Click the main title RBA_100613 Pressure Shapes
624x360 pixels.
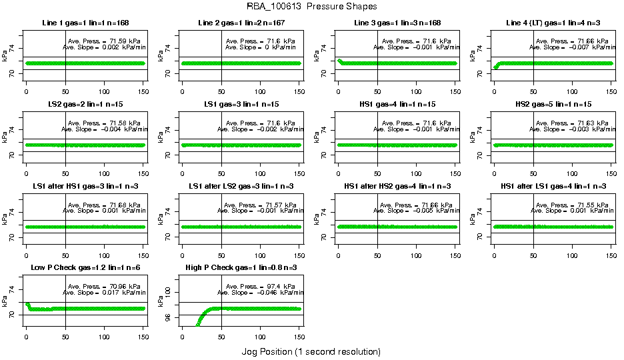tap(311, 7)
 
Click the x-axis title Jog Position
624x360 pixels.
tap(311, 351)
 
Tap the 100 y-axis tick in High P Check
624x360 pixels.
tap(169, 291)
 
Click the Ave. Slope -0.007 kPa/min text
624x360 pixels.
tap(573, 47)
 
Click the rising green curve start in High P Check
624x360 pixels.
tap(197, 325)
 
